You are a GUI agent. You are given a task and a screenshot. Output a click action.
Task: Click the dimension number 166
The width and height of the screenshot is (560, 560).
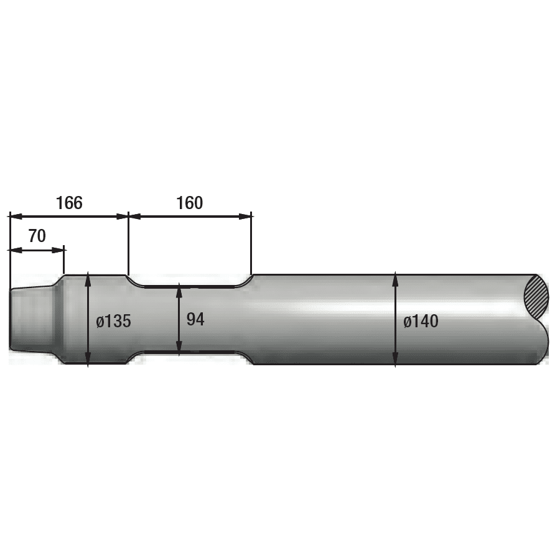coord(69,203)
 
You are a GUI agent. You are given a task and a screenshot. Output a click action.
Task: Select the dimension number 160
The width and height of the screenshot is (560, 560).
coord(190,203)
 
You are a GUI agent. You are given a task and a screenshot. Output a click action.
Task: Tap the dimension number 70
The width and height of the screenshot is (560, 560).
coord(37,236)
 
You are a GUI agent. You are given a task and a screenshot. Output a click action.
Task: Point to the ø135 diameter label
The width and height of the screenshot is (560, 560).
coord(114,321)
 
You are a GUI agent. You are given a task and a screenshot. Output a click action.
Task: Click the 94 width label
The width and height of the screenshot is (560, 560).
coord(195,319)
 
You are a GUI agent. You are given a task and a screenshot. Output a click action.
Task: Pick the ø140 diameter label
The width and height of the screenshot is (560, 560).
coord(421,321)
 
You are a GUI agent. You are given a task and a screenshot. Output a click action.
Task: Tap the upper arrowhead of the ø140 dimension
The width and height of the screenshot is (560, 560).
coord(395,281)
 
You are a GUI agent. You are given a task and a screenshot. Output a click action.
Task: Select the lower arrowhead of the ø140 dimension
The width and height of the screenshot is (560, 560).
coord(395,358)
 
